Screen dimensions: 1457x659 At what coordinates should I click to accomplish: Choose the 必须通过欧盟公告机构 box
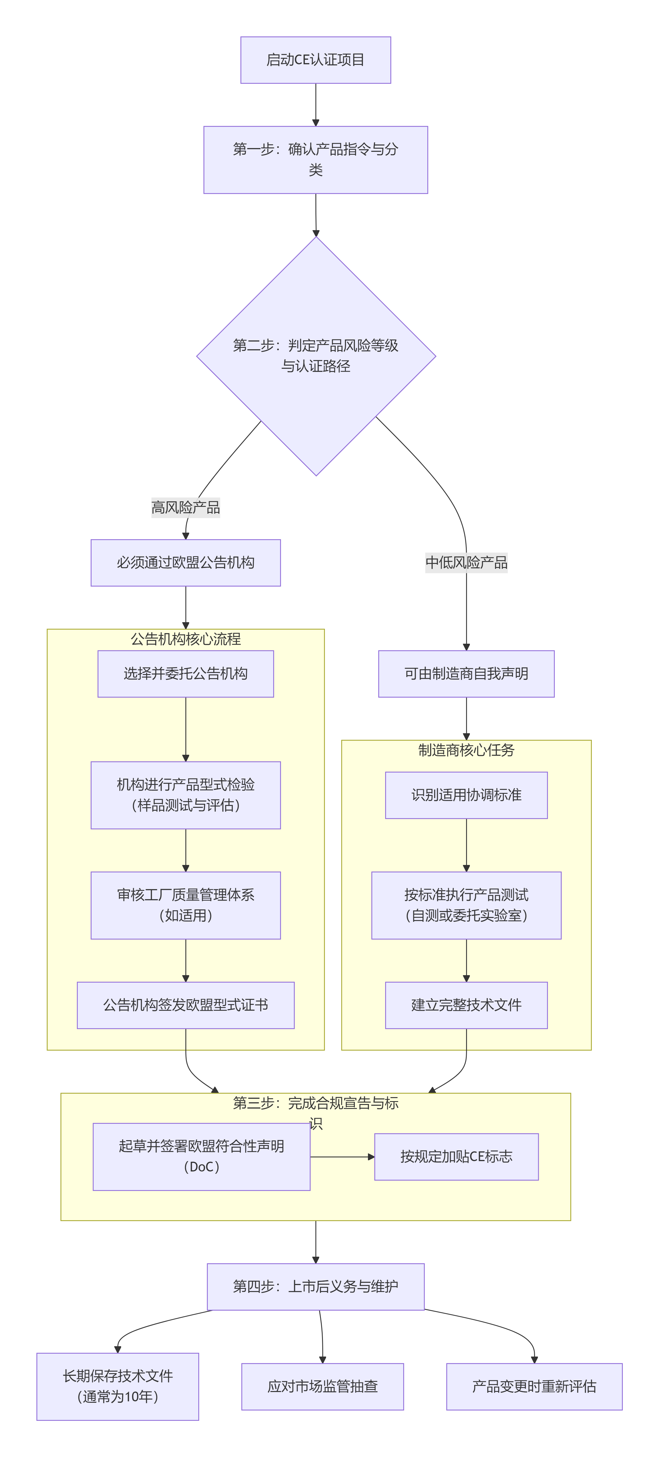[185, 563]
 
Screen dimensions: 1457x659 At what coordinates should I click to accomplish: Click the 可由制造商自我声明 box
[466, 674]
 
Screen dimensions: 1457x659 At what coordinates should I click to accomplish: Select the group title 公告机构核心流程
[185, 639]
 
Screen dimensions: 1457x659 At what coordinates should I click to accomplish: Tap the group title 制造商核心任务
[466, 750]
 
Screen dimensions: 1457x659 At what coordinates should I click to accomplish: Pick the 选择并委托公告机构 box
[185, 674]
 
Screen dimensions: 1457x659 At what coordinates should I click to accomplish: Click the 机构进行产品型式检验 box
[185, 795]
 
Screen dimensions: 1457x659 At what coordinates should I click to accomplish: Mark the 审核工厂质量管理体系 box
[185, 905]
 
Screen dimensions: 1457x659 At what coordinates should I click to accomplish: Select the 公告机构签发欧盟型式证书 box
[185, 1005]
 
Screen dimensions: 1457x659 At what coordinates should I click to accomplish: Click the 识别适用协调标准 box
[466, 795]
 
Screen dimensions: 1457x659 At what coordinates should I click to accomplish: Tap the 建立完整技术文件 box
[466, 1005]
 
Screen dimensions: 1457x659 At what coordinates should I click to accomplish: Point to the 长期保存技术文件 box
[118, 1386]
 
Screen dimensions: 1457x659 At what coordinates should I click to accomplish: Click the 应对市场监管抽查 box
[322, 1386]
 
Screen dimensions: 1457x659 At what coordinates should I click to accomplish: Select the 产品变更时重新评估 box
[534, 1386]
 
